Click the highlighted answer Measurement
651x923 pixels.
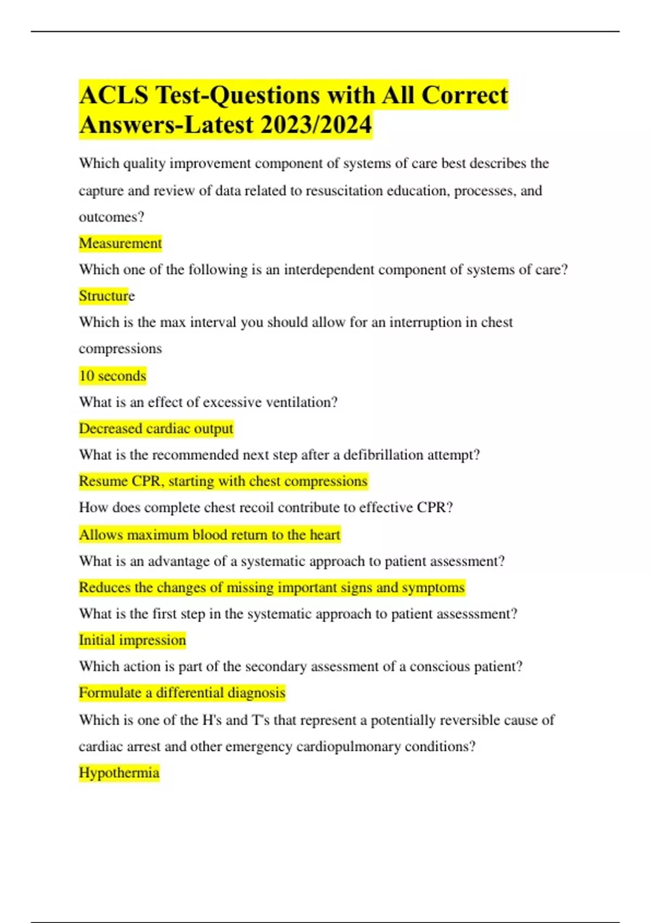[120, 243]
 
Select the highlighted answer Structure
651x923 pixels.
[106, 296]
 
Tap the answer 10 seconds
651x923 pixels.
[112, 376]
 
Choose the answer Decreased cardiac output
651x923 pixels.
[156, 428]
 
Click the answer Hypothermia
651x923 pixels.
[119, 773]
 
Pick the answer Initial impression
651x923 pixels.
[132, 640]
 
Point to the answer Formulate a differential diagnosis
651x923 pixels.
[182, 693]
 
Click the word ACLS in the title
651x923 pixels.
[113, 95]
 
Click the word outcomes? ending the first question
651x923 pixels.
[111, 217]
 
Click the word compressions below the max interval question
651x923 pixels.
[120, 349]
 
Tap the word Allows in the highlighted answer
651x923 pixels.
[101, 535]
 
